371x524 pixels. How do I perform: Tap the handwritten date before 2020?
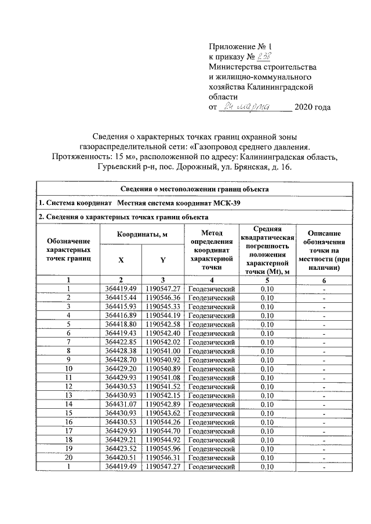click(x=256, y=107)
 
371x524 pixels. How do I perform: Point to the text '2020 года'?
click(x=313, y=108)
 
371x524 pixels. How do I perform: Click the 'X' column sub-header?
click(x=121, y=260)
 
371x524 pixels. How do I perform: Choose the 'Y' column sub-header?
click(x=163, y=260)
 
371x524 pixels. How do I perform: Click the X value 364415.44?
click(x=121, y=298)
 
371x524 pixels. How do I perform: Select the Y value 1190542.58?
click(x=163, y=324)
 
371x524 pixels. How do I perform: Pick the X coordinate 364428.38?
click(x=121, y=351)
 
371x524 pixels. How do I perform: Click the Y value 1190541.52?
click(x=163, y=386)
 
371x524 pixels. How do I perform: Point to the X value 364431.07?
click(x=121, y=404)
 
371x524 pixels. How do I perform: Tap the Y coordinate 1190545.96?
click(x=163, y=449)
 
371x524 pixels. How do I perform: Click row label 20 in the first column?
click(x=68, y=457)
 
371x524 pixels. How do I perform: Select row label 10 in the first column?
click(x=68, y=369)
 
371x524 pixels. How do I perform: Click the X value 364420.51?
click(x=121, y=457)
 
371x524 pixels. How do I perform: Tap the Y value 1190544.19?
click(x=163, y=316)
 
